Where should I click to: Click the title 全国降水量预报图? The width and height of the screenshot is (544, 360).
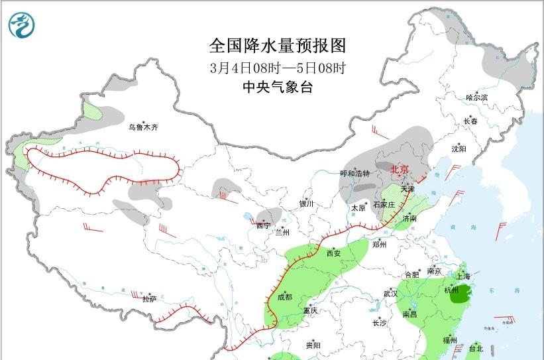click(x=278, y=45)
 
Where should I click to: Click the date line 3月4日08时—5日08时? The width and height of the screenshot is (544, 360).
click(x=278, y=68)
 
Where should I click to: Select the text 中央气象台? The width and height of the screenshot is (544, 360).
click(x=278, y=87)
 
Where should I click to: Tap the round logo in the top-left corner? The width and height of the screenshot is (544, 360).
click(x=23, y=25)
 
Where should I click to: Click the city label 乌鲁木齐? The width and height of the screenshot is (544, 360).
click(x=144, y=127)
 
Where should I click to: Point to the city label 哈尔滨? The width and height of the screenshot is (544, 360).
click(x=476, y=97)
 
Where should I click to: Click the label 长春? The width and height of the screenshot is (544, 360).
click(x=470, y=121)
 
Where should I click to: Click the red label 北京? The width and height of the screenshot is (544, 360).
click(x=400, y=170)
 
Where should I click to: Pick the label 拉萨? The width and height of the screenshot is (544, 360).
click(x=150, y=298)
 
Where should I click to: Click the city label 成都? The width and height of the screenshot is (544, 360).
click(x=284, y=297)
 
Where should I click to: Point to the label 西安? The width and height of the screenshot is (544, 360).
click(x=334, y=253)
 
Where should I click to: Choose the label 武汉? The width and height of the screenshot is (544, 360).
click(x=390, y=293)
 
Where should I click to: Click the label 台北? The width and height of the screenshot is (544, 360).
click(x=476, y=348)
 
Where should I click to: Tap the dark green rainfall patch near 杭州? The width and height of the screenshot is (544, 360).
click(x=458, y=292)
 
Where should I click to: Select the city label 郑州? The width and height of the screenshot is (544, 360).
click(x=379, y=244)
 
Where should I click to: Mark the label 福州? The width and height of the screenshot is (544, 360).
click(x=449, y=340)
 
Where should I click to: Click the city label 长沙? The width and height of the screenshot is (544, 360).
click(x=379, y=323)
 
